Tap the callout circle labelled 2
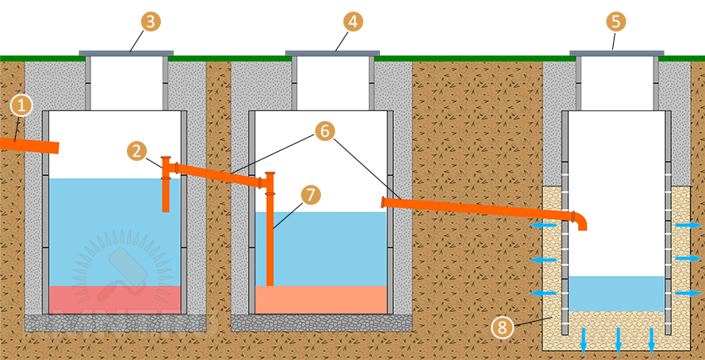coord(139,150)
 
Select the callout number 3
coord(150,22)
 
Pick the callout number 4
coord(354,22)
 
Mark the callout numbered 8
coord(501,326)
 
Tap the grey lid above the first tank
coord(126,53)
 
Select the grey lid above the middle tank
coord(332,53)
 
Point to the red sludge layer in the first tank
coord(115,299)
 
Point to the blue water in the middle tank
coord(332,249)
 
